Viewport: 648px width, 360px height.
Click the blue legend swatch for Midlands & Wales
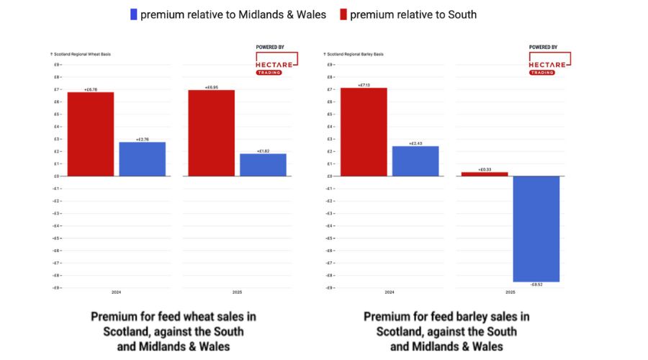tap(133, 14)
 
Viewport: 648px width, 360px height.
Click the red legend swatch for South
tap(343, 14)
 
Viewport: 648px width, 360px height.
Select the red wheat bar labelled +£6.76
tap(91, 134)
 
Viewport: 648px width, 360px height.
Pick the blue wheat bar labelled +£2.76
tap(142, 159)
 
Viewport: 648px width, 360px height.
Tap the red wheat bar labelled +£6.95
tap(211, 133)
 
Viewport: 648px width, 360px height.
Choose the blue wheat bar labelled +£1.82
tap(263, 165)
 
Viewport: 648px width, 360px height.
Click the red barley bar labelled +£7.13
tap(364, 132)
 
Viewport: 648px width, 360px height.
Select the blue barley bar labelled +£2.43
tap(415, 161)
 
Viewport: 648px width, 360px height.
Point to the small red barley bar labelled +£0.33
tap(485, 174)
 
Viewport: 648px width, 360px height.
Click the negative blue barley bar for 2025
tap(536, 229)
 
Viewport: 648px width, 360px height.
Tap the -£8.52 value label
tap(536, 285)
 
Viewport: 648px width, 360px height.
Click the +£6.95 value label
tap(211, 87)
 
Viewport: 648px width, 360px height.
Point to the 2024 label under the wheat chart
tap(116, 292)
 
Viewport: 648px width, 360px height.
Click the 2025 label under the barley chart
tap(510, 292)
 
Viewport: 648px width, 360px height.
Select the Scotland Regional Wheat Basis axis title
tap(80, 54)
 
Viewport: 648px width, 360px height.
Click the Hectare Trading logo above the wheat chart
tap(276, 62)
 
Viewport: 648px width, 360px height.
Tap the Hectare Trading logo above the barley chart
tap(549, 62)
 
